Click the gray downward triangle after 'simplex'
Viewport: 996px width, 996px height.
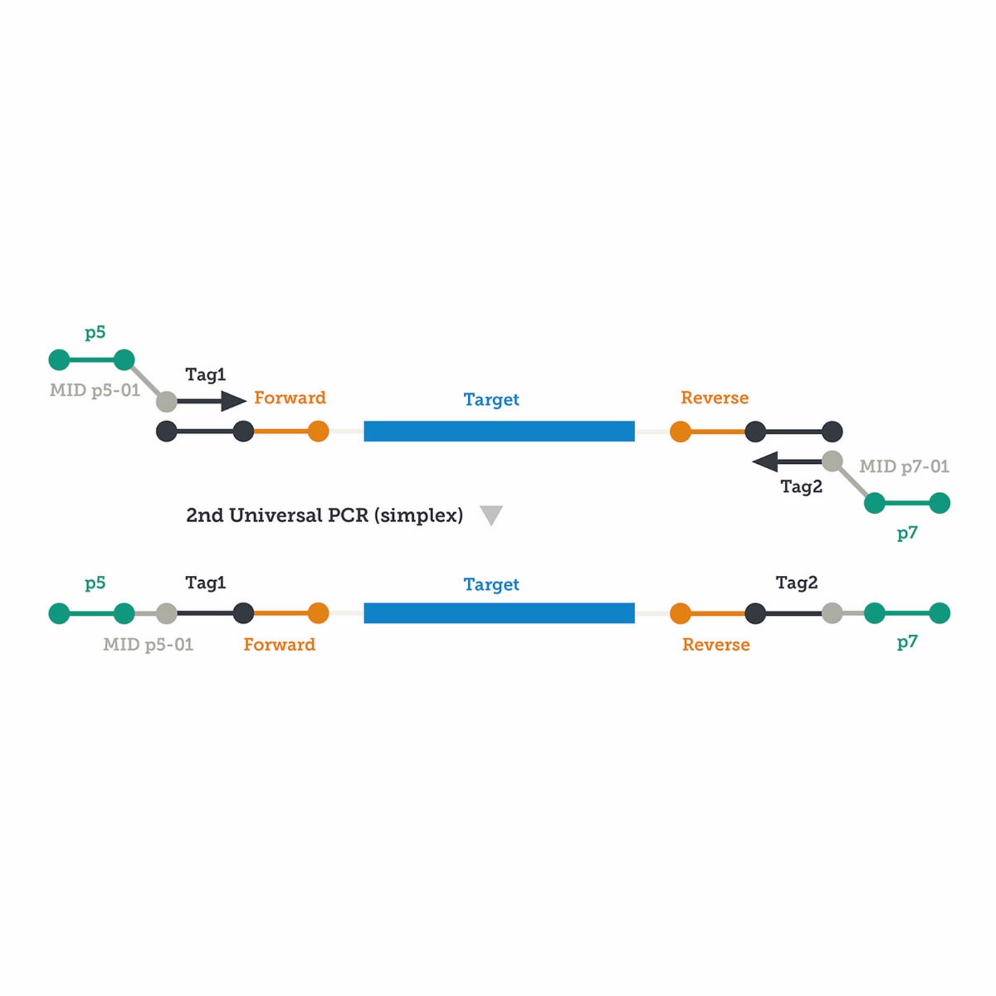tap(491, 515)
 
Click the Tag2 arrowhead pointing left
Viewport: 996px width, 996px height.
tap(765, 462)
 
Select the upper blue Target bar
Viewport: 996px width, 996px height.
tap(499, 431)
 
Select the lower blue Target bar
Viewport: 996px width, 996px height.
tap(499, 613)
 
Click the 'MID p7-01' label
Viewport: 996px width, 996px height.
tap(904, 466)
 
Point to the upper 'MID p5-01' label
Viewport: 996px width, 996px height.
tap(95, 390)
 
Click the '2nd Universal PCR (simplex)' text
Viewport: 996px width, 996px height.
tap(324, 515)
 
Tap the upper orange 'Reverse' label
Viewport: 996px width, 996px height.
tap(714, 398)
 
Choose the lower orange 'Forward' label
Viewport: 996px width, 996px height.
tap(279, 644)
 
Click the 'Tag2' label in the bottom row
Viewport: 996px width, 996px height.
tap(796, 583)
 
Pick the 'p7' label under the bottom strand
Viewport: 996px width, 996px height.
tap(907, 642)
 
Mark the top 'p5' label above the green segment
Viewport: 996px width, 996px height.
tap(95, 332)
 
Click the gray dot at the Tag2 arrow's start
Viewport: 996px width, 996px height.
tap(832, 461)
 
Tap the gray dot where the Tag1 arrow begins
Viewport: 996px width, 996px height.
tap(166, 402)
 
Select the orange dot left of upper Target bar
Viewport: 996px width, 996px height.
tap(318, 431)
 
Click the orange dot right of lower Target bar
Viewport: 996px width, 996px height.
tap(680, 613)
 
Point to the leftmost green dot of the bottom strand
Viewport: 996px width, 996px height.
tap(59, 613)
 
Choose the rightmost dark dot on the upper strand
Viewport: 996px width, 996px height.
tap(832, 431)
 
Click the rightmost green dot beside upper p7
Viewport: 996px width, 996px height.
tap(939, 502)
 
